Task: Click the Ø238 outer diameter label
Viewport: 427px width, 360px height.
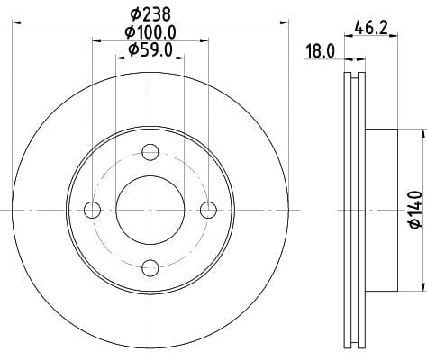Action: pos(150,13)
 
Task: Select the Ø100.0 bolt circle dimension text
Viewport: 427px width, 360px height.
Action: pos(150,32)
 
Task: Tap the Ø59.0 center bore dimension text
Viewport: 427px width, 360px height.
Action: pos(150,49)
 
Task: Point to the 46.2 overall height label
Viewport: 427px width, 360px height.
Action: pos(371,28)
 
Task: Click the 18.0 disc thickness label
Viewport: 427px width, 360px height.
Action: pos(320,51)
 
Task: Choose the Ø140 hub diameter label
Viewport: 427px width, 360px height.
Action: pos(416,210)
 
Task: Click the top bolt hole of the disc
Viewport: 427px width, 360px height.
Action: pos(150,152)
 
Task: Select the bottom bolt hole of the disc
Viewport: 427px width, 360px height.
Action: pos(150,268)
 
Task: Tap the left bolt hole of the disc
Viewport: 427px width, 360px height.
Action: pos(92,210)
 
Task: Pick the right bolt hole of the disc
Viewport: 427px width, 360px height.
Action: pos(208,210)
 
